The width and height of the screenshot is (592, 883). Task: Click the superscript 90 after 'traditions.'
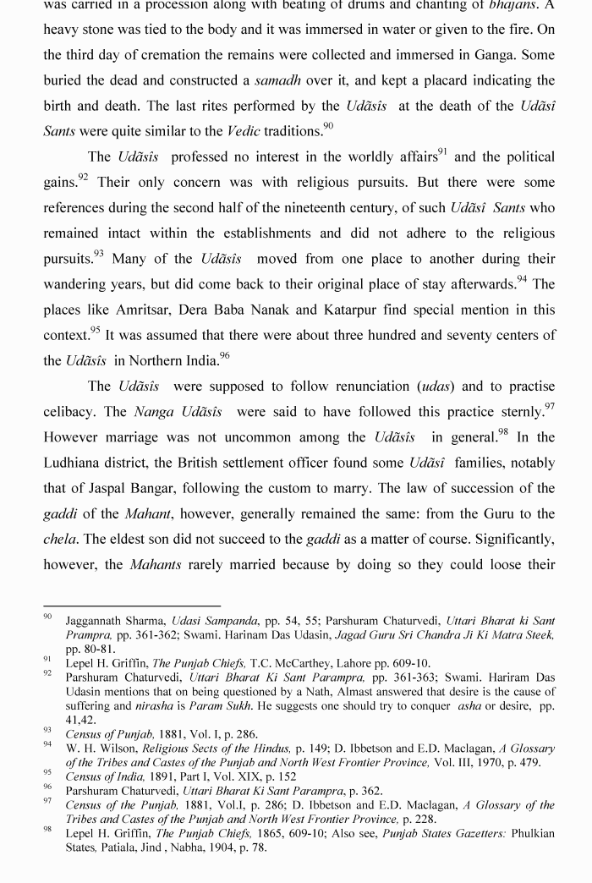point(328,126)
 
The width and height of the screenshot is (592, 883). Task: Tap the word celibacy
point(71,412)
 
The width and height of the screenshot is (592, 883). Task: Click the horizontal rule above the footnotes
point(132,606)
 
